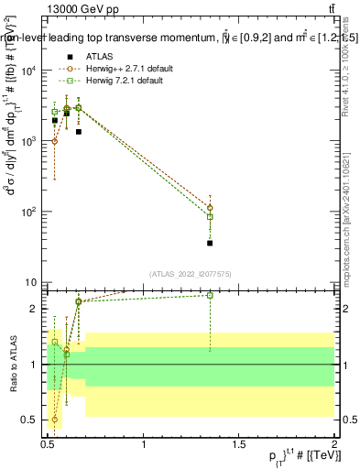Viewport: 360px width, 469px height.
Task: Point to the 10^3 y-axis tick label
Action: (x=28, y=141)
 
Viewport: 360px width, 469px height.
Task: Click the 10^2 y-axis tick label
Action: (x=28, y=212)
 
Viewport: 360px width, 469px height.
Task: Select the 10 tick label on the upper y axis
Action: (x=31, y=282)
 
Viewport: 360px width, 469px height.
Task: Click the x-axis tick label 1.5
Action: (x=239, y=443)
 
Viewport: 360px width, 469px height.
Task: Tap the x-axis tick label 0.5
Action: (x=48, y=443)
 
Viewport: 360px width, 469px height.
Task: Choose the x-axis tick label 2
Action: (x=333, y=443)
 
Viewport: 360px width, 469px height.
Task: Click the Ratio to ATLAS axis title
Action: (x=12, y=364)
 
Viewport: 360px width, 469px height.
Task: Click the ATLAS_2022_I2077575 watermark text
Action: (x=191, y=273)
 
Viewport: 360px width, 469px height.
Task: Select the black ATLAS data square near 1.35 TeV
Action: (x=210, y=243)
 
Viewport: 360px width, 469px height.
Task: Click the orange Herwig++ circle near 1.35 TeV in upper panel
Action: (x=210, y=208)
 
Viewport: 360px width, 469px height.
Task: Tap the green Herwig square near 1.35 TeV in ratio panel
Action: (x=210, y=295)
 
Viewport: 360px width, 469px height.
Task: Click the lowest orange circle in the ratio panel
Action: (x=55, y=420)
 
